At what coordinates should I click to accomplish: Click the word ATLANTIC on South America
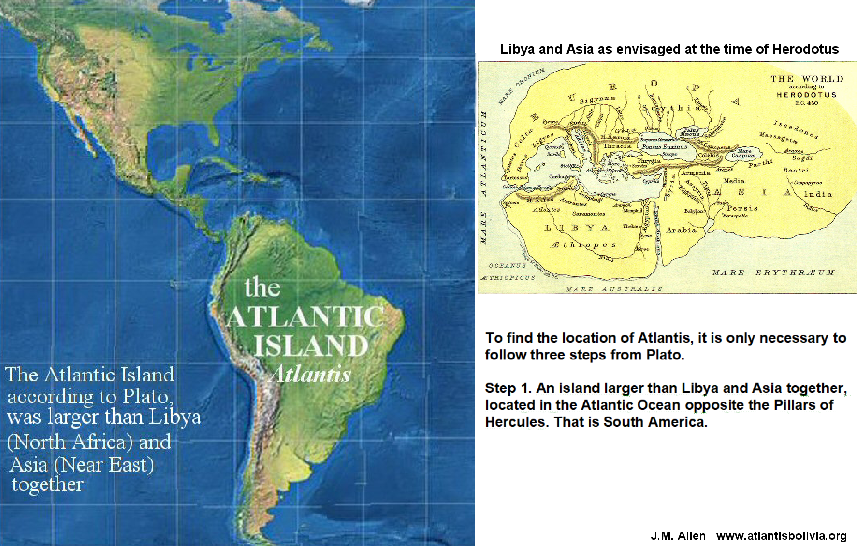click(x=305, y=317)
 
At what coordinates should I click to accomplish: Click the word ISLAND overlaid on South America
click(x=311, y=345)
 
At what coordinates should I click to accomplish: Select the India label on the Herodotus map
click(x=818, y=194)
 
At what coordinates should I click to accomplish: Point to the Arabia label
click(x=681, y=230)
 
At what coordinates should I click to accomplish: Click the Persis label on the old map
click(x=742, y=208)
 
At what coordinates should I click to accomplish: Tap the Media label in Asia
click(x=734, y=181)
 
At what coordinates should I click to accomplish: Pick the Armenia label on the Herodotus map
click(x=696, y=173)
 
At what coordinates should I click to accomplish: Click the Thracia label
click(x=617, y=145)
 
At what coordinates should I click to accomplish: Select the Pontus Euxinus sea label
click(x=664, y=146)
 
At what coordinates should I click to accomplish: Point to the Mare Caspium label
click(x=743, y=153)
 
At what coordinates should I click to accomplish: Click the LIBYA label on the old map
click(x=576, y=228)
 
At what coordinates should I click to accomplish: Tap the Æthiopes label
click(x=582, y=245)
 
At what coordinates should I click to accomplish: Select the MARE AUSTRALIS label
click(x=613, y=289)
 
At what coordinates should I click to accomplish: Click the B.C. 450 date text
click(x=806, y=103)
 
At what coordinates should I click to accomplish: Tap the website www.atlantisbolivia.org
click(x=781, y=536)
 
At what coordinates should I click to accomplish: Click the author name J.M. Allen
click(x=678, y=536)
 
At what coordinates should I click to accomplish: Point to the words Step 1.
click(x=508, y=388)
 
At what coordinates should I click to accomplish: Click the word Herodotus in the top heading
click(x=805, y=49)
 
